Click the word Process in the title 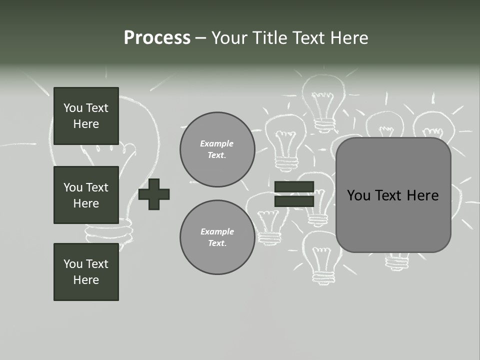point(157,38)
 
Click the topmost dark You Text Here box point(86,116)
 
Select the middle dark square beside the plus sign point(86,195)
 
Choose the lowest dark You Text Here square point(86,271)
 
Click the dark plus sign point(154,194)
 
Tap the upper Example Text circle point(217,149)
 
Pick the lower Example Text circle point(217,237)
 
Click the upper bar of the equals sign point(294,187)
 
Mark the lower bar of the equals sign point(294,201)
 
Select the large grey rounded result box point(393,220)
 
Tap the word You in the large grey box point(358,195)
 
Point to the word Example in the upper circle point(217,143)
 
